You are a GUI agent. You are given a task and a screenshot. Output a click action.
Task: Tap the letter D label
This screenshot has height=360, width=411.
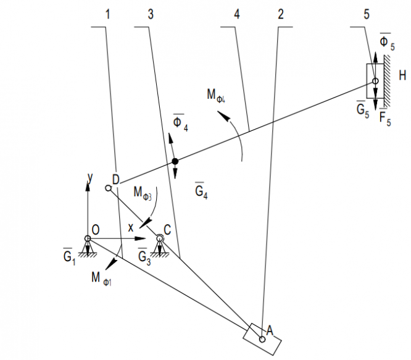click(115, 179)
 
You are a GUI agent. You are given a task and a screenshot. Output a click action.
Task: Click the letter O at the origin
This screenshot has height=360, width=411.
click(96, 230)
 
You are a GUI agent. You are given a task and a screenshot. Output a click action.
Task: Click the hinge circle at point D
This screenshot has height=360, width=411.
click(109, 188)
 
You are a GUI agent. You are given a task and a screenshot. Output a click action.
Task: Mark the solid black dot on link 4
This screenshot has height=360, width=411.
click(175, 162)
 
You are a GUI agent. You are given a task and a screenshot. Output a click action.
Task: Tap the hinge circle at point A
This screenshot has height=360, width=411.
click(263, 338)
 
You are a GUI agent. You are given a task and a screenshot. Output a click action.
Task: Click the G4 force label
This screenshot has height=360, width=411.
click(201, 191)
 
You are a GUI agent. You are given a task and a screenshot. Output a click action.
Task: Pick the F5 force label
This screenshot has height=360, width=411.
click(386, 117)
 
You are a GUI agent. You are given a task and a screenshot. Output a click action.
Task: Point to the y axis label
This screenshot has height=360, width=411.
click(90, 178)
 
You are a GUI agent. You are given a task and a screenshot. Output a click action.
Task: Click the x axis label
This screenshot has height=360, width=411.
click(130, 228)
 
